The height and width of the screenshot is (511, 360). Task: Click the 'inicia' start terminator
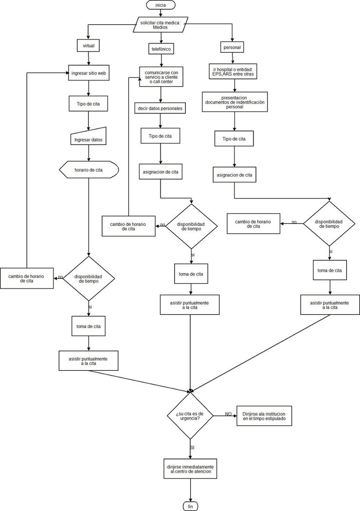[x=160, y=5]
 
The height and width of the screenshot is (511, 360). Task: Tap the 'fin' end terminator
[x=190, y=506]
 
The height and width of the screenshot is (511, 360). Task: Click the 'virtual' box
[x=89, y=46]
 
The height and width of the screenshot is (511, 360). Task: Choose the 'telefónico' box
[x=161, y=49]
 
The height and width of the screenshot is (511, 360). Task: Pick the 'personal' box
[x=233, y=47]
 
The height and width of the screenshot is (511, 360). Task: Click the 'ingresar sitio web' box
[x=89, y=73]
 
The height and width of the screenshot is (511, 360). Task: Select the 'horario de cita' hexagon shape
[x=89, y=170]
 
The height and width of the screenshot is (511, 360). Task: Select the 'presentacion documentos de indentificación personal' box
[x=234, y=103]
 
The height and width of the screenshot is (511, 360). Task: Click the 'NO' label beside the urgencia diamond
[x=228, y=414]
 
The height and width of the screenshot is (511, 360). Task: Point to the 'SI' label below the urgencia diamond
[x=192, y=446]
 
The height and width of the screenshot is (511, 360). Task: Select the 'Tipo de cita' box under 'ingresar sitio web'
[x=89, y=104]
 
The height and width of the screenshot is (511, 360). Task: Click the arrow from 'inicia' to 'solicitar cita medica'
[x=160, y=13]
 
